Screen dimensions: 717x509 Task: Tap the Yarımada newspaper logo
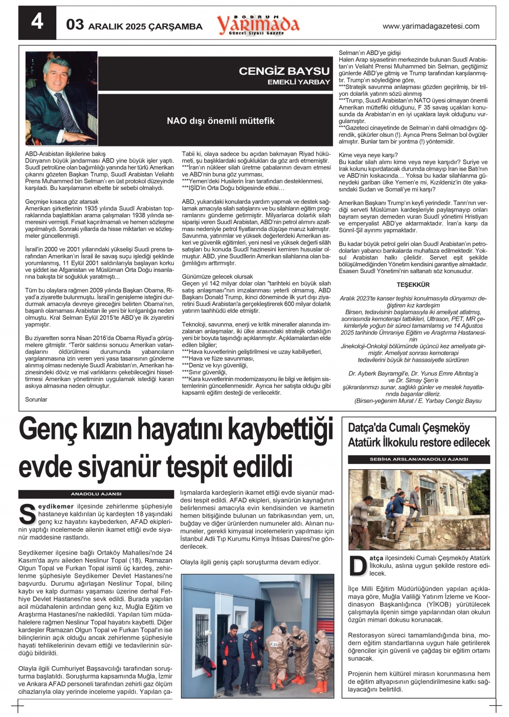258,24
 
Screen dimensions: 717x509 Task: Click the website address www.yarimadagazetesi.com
431,26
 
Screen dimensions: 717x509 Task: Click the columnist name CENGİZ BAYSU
284,71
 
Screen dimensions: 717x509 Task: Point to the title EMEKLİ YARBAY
299,82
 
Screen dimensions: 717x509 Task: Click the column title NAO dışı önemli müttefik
220,121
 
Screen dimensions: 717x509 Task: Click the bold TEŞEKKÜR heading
413,285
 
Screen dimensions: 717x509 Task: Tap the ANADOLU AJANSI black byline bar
96,494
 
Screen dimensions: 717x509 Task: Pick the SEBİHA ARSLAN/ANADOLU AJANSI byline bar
418,459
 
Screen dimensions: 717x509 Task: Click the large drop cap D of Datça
358,565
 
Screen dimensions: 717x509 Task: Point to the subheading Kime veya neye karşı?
368,155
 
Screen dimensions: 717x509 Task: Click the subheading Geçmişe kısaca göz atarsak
62,202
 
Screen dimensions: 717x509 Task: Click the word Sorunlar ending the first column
36,399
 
